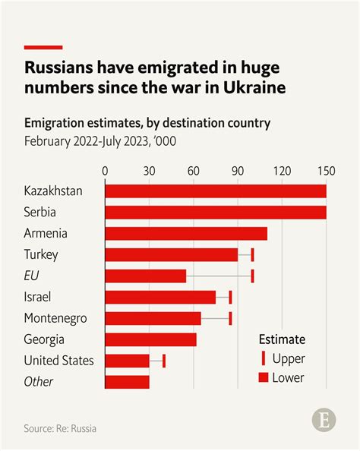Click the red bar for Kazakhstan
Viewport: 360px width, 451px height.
pyautogui.click(x=215, y=191)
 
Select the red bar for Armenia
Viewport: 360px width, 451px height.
pyautogui.click(x=185, y=233)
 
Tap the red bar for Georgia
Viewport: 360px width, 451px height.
pyautogui.click(x=150, y=339)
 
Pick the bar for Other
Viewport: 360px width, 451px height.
pyautogui.click(x=127, y=382)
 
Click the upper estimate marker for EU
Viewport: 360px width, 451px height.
pyautogui.click(x=252, y=276)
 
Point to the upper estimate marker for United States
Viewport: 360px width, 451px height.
pyautogui.click(x=164, y=361)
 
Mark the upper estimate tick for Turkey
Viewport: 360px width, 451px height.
pyautogui.click(x=252, y=254)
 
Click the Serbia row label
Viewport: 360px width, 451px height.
pyautogui.click(x=40, y=212)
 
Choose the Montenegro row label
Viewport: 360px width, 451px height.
pyautogui.click(x=55, y=318)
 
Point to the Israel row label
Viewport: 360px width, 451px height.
pyautogui.click(x=38, y=297)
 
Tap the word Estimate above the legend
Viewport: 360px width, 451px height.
pyautogui.click(x=282, y=339)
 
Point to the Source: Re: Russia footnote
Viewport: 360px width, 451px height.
pyautogui.click(x=60, y=429)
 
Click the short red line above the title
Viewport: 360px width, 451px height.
pyautogui.click(x=43, y=47)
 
